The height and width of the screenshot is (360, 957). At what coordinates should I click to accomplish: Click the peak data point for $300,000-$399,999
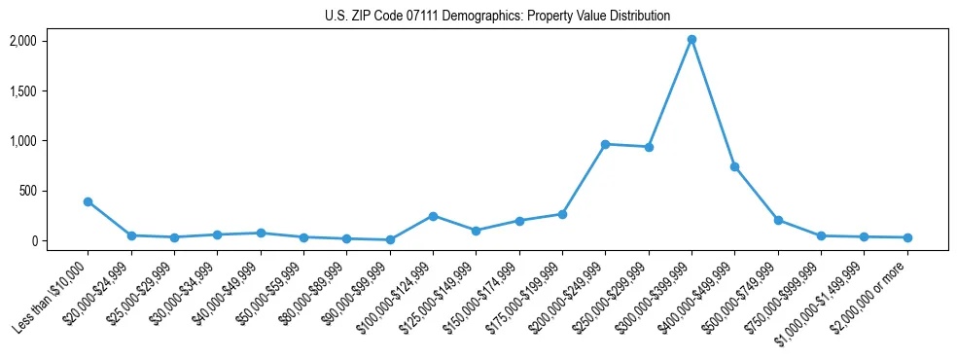click(x=691, y=40)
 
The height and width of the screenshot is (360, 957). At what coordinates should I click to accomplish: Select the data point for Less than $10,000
click(x=88, y=201)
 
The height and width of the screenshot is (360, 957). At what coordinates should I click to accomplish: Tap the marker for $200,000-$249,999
click(x=605, y=144)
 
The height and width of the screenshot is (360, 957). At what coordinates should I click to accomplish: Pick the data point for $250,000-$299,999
click(x=649, y=147)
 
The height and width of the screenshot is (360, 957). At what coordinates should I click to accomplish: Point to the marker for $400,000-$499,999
click(x=734, y=166)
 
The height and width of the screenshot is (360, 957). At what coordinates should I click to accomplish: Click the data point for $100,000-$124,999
click(x=433, y=216)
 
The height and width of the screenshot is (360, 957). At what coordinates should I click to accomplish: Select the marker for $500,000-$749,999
click(x=778, y=220)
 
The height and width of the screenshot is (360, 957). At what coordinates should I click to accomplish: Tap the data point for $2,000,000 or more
click(x=907, y=237)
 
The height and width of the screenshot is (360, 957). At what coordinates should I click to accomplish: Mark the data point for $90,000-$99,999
click(x=390, y=239)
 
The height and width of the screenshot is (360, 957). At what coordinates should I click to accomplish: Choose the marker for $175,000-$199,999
click(x=562, y=214)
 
